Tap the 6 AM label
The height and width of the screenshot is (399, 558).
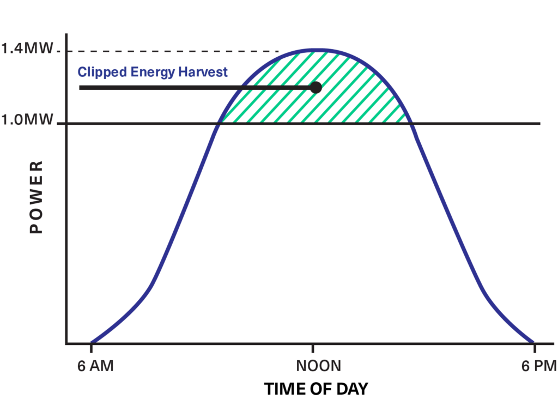95,366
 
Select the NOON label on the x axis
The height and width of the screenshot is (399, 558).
318,366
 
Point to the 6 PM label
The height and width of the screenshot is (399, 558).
538,366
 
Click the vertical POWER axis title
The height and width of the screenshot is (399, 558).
36,197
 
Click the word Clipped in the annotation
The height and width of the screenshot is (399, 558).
96,72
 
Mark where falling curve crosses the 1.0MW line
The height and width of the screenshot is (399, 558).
411,124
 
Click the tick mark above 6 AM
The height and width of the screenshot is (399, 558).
91,348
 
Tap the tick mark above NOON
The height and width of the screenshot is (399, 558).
313,348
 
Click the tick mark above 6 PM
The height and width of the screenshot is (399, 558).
535,348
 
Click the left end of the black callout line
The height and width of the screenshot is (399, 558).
80,87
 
